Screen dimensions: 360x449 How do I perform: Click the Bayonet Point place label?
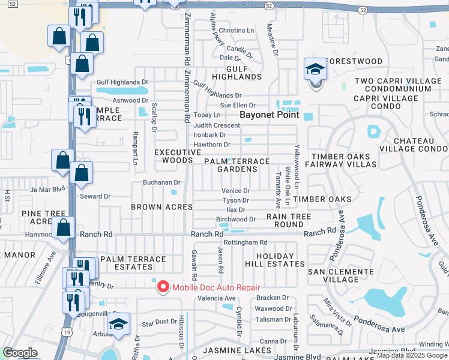(269, 114)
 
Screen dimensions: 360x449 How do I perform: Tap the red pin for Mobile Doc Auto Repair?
(162, 287)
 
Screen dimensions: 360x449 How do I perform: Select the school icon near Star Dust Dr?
(119, 325)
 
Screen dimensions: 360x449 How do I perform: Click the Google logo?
(20, 353)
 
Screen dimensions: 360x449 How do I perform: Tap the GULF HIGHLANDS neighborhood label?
(237, 72)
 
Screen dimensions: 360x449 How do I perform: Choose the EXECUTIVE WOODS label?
(178, 157)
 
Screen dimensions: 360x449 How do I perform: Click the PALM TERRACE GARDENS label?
(237, 166)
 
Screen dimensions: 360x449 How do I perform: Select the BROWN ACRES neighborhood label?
(162, 207)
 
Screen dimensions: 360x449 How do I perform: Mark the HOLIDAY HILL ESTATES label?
(274, 259)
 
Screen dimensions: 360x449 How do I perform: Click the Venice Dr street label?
(235, 191)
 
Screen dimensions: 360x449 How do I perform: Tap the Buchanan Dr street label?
(161, 182)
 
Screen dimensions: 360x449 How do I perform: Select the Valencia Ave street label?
(217, 298)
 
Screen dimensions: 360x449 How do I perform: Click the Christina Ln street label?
(236, 30)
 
